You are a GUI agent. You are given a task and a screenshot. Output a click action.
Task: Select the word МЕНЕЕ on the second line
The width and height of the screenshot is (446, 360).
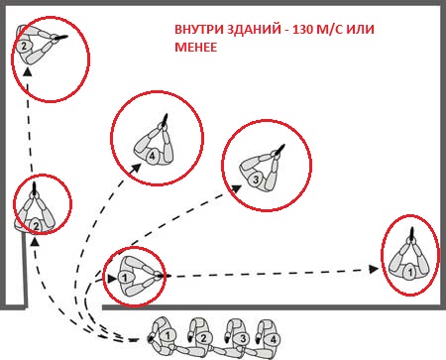tap(196, 48)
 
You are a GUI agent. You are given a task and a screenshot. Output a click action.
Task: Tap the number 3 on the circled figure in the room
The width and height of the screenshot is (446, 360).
tap(256, 180)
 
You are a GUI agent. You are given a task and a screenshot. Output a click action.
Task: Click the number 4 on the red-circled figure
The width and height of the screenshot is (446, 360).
tap(152, 156)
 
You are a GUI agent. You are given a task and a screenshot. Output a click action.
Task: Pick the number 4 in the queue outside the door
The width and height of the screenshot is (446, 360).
tap(274, 339)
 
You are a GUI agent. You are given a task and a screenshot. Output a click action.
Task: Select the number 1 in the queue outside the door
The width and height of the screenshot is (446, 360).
tap(167, 336)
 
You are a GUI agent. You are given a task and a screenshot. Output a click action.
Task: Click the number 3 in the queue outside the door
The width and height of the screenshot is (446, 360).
tap(243, 339)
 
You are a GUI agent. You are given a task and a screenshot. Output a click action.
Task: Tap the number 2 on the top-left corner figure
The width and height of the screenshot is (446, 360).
tap(24, 47)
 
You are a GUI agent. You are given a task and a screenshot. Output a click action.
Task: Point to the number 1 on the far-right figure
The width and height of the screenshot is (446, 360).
tap(409, 273)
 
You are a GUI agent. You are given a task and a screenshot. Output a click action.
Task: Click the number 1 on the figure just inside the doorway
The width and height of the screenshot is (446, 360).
tap(125, 278)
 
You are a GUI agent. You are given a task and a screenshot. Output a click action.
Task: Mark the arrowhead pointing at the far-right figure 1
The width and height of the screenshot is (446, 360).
tap(374, 269)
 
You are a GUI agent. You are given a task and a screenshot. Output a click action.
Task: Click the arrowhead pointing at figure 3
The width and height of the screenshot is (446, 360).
tap(237, 188)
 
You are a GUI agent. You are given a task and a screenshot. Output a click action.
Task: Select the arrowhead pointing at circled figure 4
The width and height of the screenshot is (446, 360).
tap(136, 168)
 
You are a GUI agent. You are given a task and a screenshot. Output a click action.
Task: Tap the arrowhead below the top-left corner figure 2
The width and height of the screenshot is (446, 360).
tap(28, 71)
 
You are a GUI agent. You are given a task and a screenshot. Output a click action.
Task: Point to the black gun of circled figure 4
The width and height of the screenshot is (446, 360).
tap(166, 119)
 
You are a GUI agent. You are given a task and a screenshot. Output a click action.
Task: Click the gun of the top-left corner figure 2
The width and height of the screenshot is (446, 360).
tap(61, 38)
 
